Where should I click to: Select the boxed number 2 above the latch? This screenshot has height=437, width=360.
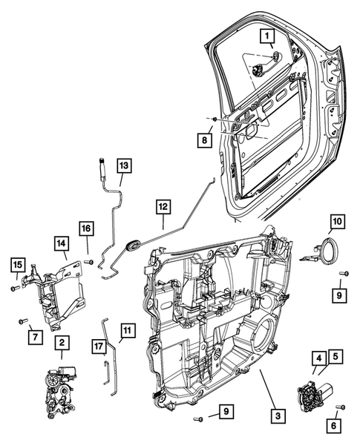click(x=62, y=343)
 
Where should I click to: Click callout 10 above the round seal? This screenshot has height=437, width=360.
click(x=337, y=220)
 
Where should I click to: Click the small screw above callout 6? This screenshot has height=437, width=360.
click(x=339, y=407)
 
